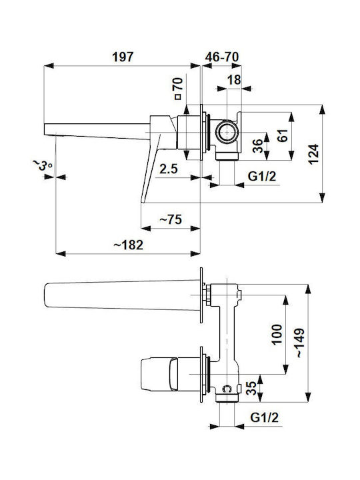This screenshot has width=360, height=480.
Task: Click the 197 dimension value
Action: pyautogui.click(x=123, y=57)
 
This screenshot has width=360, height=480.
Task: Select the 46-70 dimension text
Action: pyautogui.click(x=222, y=57)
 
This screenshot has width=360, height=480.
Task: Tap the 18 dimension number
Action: pyautogui.click(x=234, y=80)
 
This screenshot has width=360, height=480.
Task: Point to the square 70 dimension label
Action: pyautogui.click(x=178, y=89)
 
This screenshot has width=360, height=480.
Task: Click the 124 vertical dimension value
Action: pyautogui.click(x=314, y=154)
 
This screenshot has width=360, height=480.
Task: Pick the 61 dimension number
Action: pyautogui.click(x=283, y=135)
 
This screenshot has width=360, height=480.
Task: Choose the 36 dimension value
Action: pyautogui.click(x=258, y=146)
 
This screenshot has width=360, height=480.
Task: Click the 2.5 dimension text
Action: pyautogui.click(x=169, y=169)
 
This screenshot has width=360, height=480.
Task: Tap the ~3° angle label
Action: pyautogui.click(x=42, y=165)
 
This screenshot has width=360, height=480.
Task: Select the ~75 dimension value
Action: pyautogui.click(x=171, y=219)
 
